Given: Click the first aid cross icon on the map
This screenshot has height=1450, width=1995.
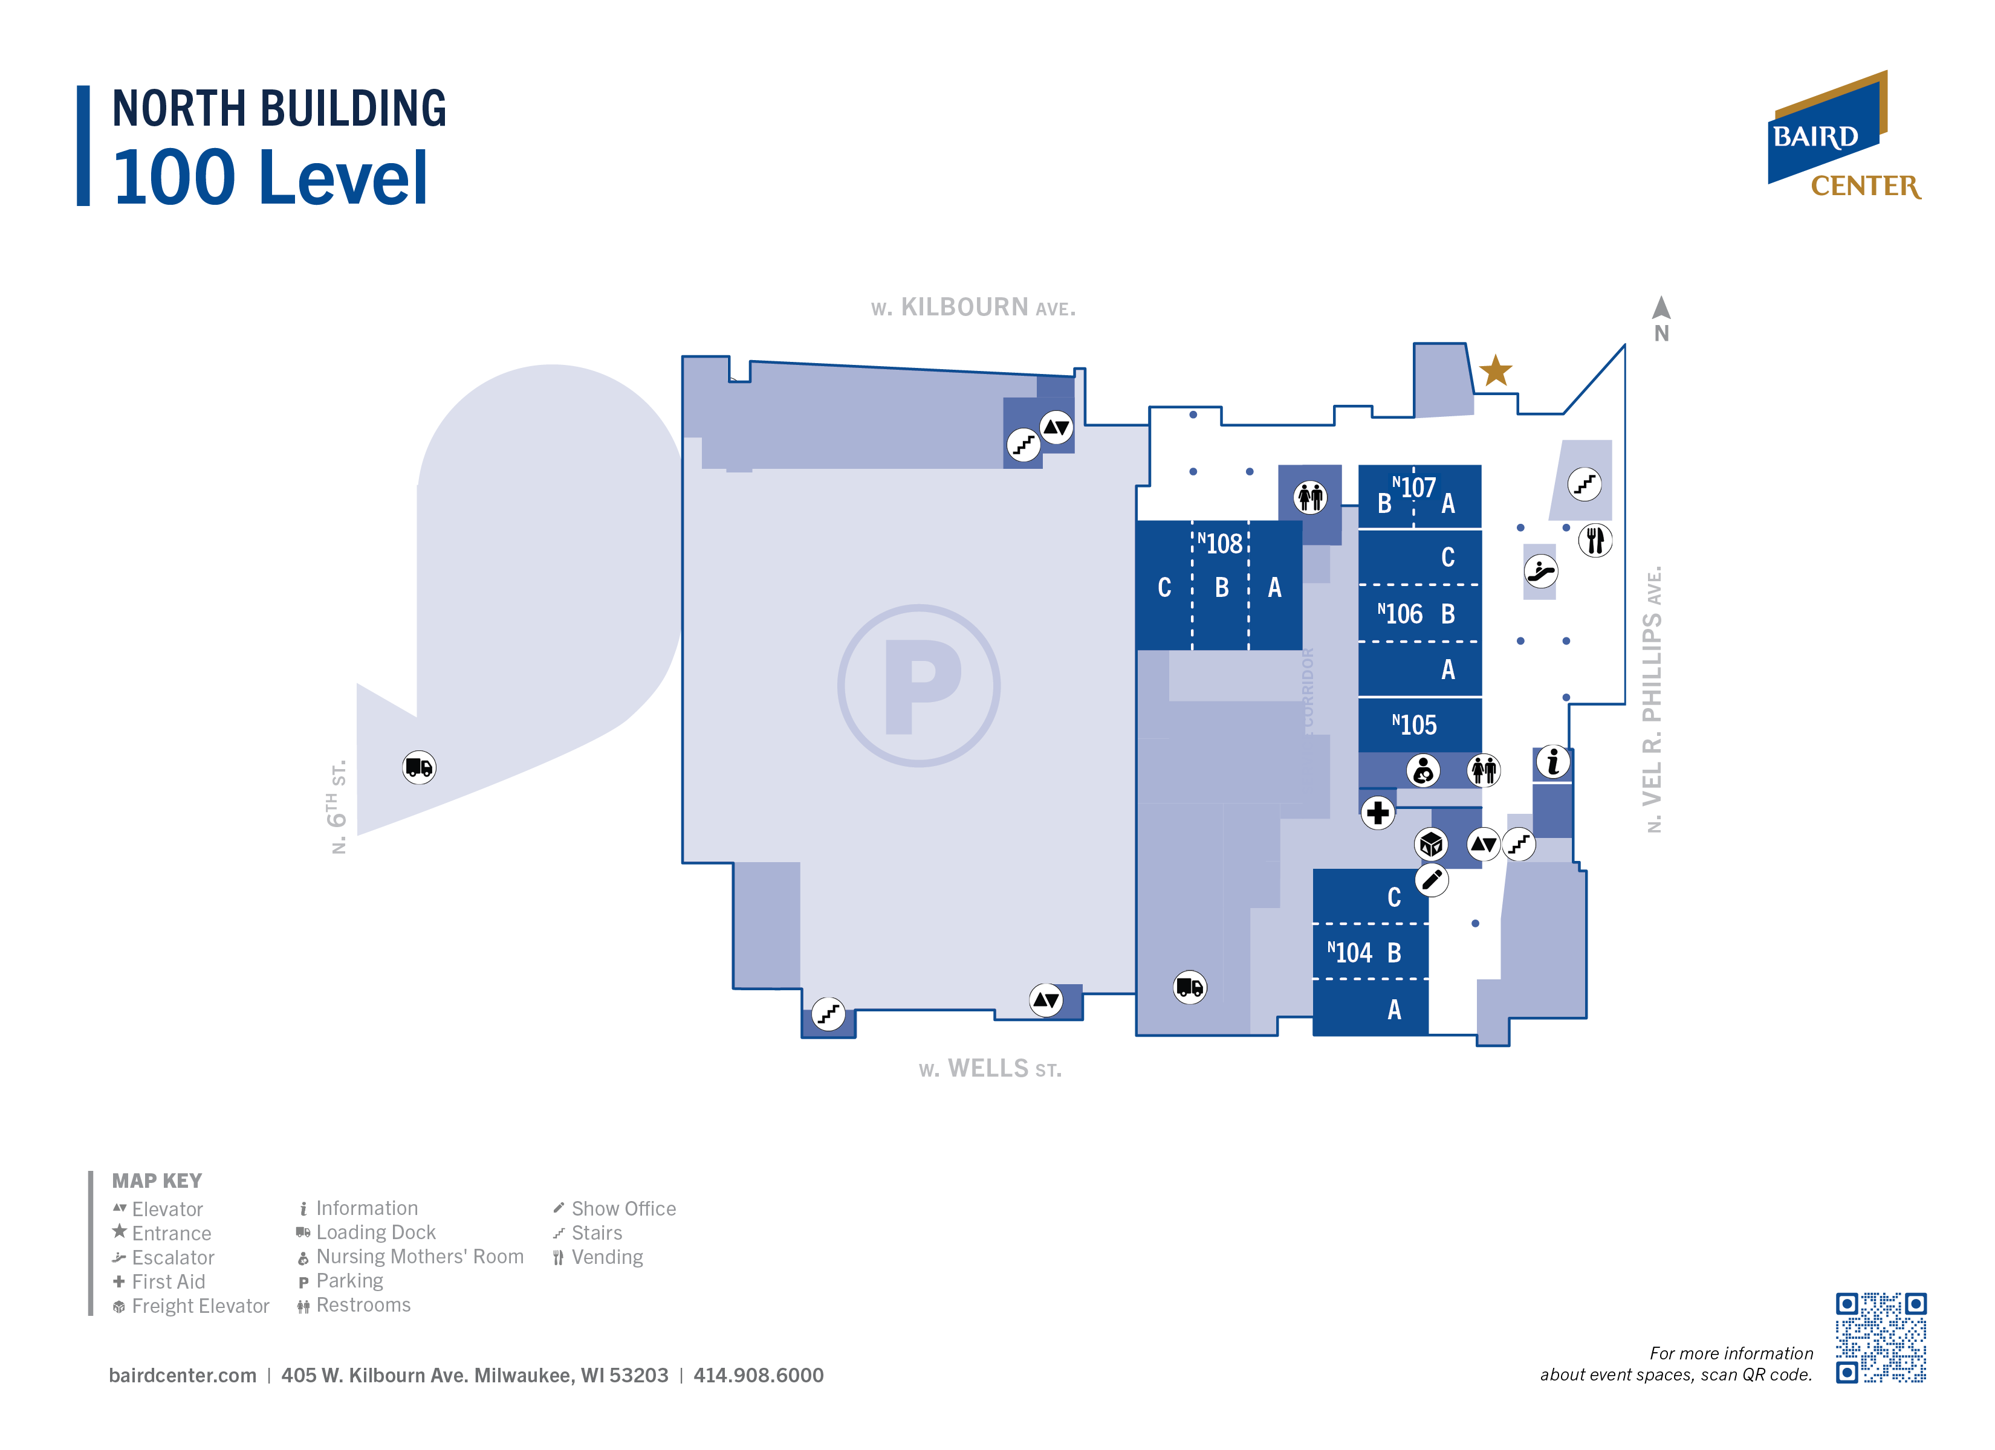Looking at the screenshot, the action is (1378, 813).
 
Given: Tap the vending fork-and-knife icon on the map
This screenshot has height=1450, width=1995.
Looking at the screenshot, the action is (1595, 540).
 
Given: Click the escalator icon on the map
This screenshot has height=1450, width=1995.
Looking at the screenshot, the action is (1540, 572).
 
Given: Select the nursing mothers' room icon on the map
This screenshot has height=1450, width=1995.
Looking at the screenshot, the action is (1422, 771).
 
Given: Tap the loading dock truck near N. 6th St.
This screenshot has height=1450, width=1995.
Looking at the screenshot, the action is (419, 768).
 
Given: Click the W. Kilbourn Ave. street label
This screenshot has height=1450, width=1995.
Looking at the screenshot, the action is (973, 308).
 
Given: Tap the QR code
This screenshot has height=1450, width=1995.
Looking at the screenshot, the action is (1881, 1338).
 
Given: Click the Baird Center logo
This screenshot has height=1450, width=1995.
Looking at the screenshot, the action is (1844, 137).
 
